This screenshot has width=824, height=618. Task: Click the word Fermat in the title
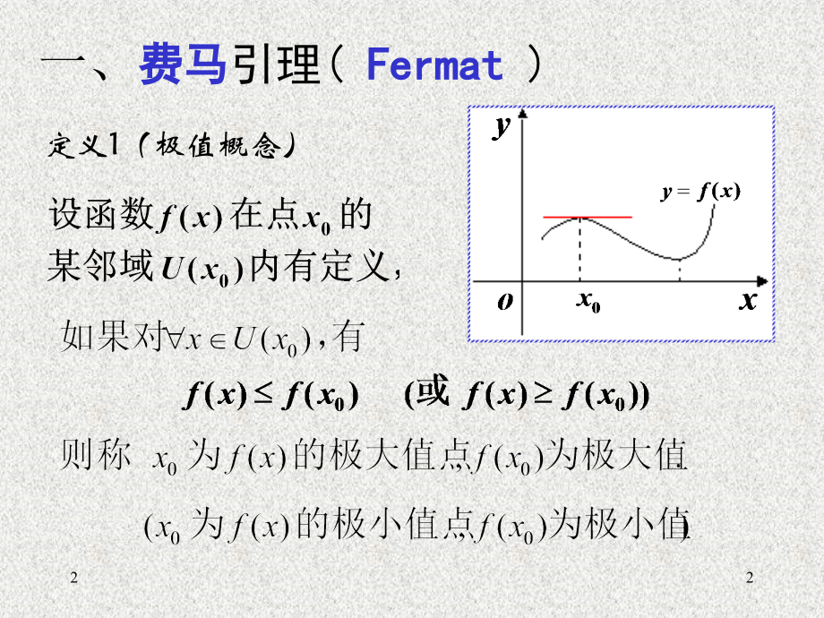[x=435, y=66]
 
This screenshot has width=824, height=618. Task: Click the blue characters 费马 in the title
[x=183, y=66]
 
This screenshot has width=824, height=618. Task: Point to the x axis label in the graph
[x=748, y=300]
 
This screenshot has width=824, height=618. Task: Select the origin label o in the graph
[x=505, y=301]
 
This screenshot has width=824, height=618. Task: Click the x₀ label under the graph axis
[x=588, y=303]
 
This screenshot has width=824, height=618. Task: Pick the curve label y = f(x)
[x=701, y=191]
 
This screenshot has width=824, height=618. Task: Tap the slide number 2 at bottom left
[x=74, y=580]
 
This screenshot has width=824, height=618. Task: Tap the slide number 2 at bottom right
[x=750, y=580]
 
